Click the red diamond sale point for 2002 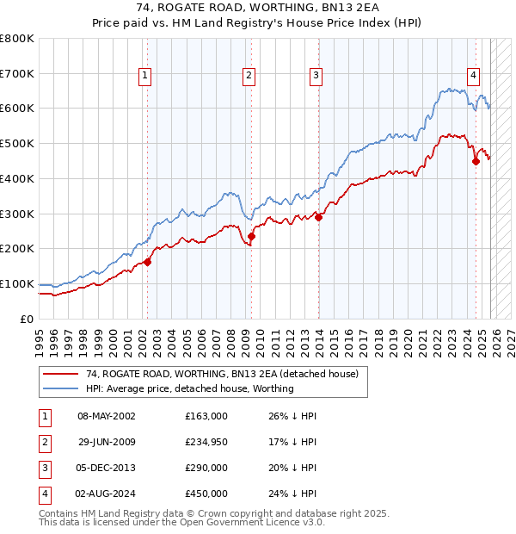point(147,262)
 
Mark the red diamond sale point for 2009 point(252,236)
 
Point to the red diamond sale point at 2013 point(318,217)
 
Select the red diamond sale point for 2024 point(476,161)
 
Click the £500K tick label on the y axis point(17,144)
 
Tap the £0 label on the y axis point(26,319)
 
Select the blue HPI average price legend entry point(190,388)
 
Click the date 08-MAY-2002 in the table point(107,416)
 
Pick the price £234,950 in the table point(206,442)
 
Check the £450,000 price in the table point(206,494)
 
